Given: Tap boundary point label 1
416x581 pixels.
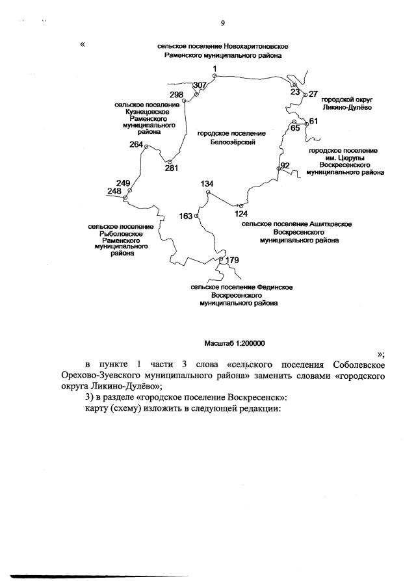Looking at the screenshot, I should [x=214, y=69].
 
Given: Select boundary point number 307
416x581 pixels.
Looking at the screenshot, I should [x=200, y=85].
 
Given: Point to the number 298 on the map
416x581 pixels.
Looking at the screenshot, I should [x=177, y=95].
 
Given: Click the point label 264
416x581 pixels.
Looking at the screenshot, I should [x=136, y=144].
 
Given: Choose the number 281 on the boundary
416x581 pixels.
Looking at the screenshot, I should [x=172, y=168].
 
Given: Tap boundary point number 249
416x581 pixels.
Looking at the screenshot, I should [x=123, y=183].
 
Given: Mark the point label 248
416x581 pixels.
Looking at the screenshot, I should [x=114, y=191].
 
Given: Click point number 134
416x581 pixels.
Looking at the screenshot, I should [x=207, y=184].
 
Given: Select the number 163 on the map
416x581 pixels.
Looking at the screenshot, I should [x=186, y=216].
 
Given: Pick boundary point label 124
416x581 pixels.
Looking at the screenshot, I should [x=241, y=213].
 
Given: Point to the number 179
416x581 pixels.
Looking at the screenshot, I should [x=233, y=261].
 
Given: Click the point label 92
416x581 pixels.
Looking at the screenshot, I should [x=285, y=166].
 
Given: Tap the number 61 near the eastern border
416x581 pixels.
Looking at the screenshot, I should [x=313, y=122].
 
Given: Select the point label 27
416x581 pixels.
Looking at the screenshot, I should [x=313, y=94].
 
